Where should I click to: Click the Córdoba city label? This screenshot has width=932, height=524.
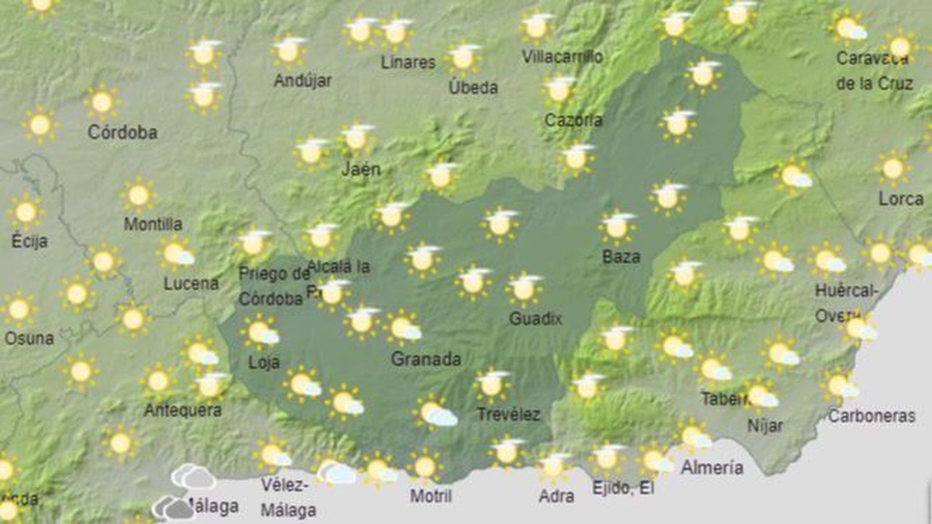[122, 133]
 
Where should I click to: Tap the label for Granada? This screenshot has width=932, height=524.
[426, 359]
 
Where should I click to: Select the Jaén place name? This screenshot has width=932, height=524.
[361, 169]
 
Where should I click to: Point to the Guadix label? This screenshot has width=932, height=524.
[535, 318]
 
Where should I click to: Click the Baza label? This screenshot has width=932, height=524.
[621, 257]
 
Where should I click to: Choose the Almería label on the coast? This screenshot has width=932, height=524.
[712, 468]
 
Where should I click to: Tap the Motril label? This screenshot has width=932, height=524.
[430, 496]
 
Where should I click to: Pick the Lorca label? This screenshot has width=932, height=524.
[901, 199]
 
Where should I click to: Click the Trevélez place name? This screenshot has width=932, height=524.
[508, 415]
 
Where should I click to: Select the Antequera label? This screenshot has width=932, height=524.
[182, 410]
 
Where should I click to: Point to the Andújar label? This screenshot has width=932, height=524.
[302, 80]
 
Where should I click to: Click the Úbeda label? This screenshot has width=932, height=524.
[473, 88]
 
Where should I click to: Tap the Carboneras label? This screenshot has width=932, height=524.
[871, 416]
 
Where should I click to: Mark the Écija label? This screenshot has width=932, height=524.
[29, 241]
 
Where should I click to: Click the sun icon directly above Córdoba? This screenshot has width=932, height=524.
[102, 102]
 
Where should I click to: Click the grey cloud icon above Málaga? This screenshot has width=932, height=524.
[193, 477]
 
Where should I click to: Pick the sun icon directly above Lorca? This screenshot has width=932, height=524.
[892, 168]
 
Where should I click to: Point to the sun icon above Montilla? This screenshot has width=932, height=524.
[139, 195]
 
